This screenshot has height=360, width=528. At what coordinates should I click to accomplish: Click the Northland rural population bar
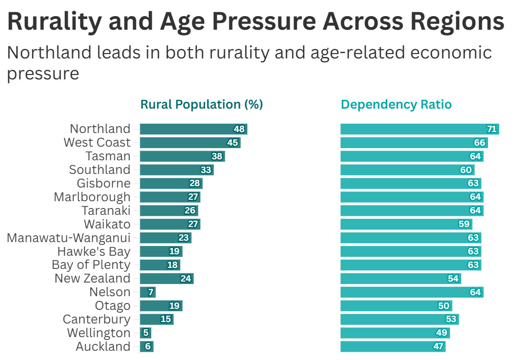coord(193,129)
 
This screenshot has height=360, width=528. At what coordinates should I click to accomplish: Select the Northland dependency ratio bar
coord(419,129)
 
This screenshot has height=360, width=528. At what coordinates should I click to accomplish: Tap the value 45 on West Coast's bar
coord(232,143)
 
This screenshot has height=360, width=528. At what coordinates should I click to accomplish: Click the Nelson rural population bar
coord(147,292)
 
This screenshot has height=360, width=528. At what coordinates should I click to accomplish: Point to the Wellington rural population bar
coord(145,333)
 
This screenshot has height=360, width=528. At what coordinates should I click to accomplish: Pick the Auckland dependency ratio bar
coord(392,346)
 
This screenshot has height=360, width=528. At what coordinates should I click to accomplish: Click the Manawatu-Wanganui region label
coord(69,238)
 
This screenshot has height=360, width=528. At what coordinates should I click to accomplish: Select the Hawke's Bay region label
coord(94,251)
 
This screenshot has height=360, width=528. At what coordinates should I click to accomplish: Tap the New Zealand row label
coord(92,279)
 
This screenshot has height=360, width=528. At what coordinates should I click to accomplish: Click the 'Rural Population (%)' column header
coord(201,104)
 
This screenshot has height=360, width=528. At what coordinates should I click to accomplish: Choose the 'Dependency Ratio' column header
coord(396,104)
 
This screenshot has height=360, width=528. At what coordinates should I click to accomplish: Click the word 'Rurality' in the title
coord(55,22)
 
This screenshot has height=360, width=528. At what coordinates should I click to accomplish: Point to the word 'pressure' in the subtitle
coord(43,74)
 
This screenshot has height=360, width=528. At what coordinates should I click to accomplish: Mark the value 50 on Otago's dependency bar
coord(444,306)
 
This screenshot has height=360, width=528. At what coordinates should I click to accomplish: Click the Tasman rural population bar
coord(182,156)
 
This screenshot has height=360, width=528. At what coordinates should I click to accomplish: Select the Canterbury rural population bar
coord(156,320)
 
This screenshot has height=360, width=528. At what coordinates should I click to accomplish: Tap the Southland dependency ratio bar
coord(407,170)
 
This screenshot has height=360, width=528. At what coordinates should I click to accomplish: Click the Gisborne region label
coord(103,183)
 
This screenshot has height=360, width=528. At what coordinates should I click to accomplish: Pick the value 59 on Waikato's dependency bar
coord(464,225)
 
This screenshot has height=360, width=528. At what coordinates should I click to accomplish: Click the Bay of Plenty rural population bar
coord(159,265)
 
